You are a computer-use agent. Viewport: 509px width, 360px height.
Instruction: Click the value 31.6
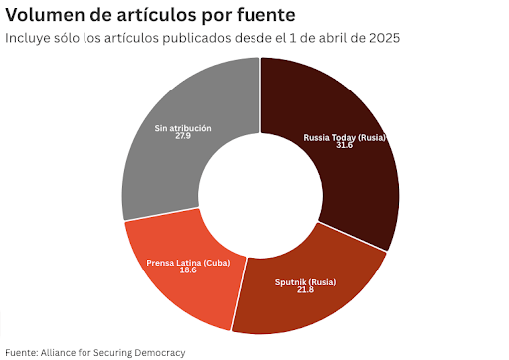tap(344, 145)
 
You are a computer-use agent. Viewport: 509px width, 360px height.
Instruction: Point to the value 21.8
tap(305, 290)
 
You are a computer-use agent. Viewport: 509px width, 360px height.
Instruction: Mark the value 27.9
tap(183, 135)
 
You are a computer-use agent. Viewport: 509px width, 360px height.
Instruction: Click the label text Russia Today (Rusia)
tap(344, 137)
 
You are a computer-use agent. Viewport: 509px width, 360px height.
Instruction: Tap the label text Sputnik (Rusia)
tap(305, 282)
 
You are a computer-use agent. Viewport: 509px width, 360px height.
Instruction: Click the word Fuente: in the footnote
tap(23, 352)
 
